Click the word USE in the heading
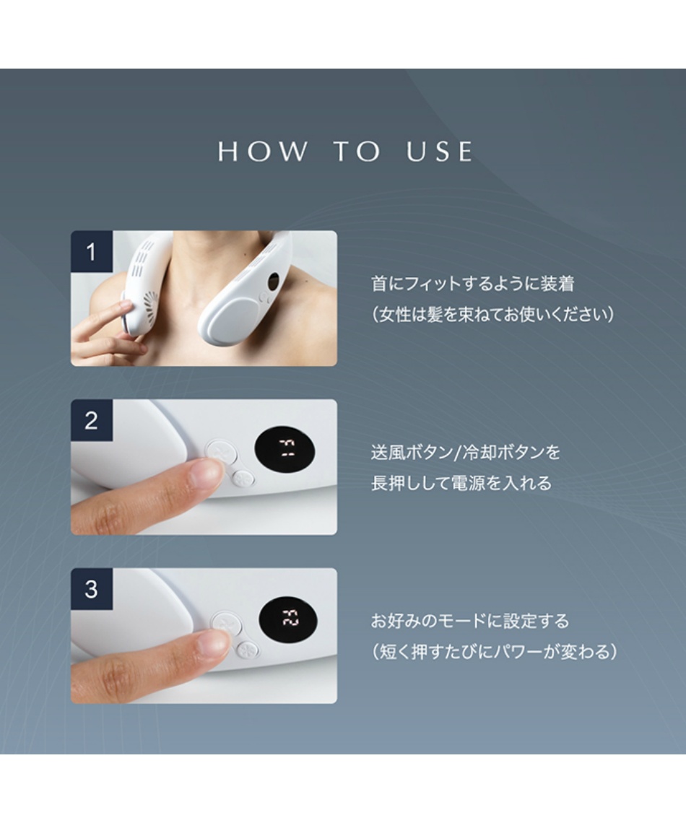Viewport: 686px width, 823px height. point(439,151)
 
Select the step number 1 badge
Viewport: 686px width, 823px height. point(92,252)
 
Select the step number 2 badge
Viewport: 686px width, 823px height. point(92,420)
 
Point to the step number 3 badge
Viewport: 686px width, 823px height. point(92,589)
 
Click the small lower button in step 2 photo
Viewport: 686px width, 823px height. point(244,478)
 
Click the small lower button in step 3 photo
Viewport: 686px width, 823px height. point(247,649)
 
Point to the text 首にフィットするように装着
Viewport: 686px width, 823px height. point(473,284)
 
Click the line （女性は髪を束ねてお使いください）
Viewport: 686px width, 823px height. point(492,314)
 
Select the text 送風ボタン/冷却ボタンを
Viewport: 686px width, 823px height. point(466,452)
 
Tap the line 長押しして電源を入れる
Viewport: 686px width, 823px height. point(461,483)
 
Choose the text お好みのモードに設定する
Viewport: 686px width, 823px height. point(470,621)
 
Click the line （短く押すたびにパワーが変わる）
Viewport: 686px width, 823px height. point(494,652)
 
